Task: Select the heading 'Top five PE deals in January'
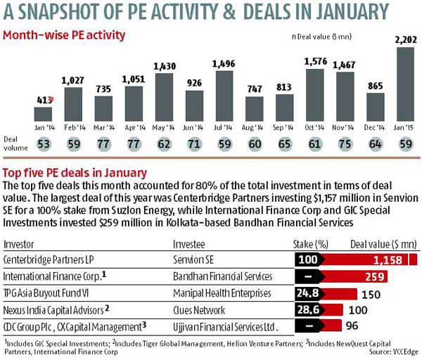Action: pos(75,172)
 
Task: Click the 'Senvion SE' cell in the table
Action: pos(196,259)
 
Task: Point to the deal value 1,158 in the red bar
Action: pos(376,259)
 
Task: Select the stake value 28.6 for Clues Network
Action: pos(308,309)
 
